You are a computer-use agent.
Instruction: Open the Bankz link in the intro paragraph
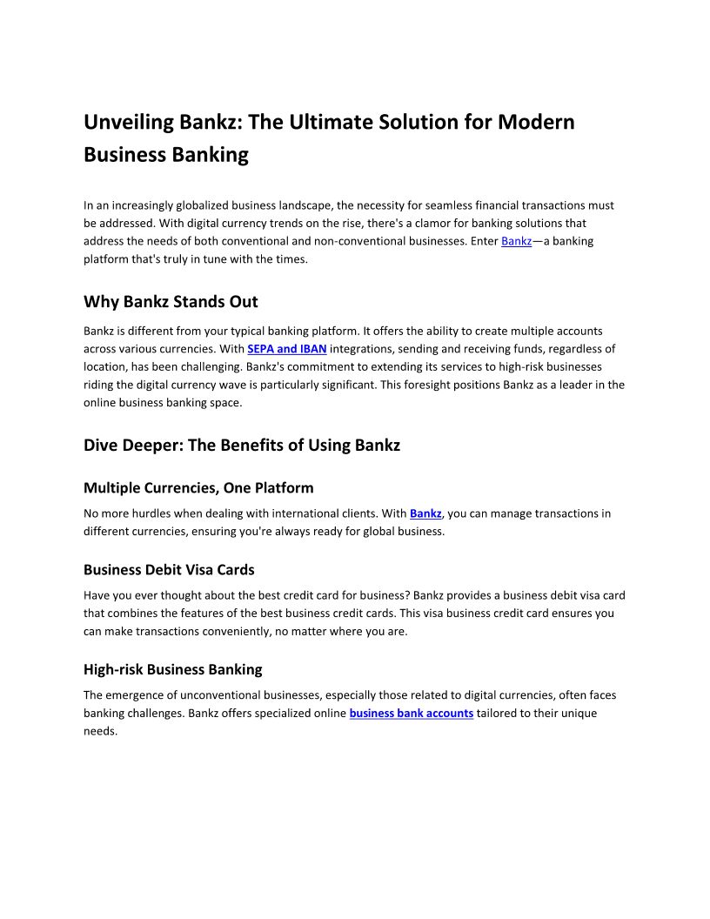516,241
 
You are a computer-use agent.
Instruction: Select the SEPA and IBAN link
286,349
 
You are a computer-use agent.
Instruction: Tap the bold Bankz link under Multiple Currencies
425,513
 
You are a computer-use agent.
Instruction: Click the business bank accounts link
412,714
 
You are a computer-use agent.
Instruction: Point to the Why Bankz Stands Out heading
171,302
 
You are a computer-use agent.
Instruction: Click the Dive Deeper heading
242,446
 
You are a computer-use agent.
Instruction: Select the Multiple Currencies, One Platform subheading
198,487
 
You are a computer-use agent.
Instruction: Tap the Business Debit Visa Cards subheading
169,570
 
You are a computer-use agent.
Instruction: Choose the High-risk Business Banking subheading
172,669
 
